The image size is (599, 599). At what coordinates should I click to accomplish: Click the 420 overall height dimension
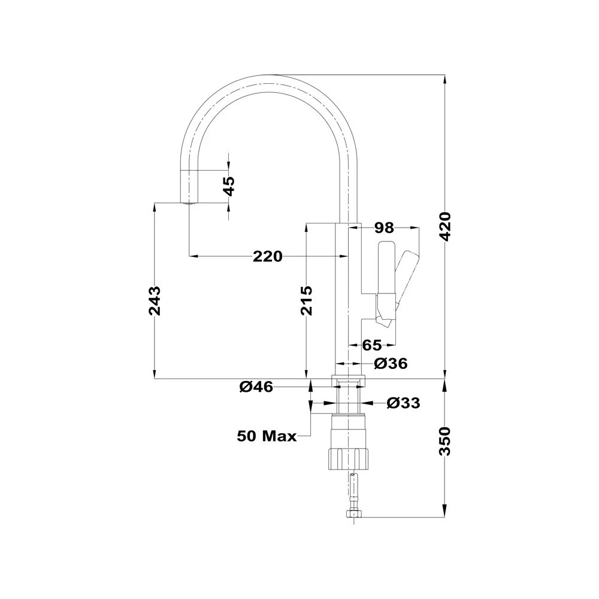pos(446,226)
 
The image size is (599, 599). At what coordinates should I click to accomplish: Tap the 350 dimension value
pos(446,441)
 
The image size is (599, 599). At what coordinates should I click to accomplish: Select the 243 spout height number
pos(155,301)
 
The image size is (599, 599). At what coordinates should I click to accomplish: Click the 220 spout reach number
pos(267,256)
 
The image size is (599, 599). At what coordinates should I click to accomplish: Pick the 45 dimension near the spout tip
pos(229,186)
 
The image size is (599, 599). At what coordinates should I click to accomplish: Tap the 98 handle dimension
pos(383,228)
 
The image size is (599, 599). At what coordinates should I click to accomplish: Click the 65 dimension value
pos(372,346)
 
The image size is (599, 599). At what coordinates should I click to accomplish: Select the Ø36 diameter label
pos(391,364)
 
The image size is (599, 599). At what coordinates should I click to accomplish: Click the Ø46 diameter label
pos(256,387)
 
